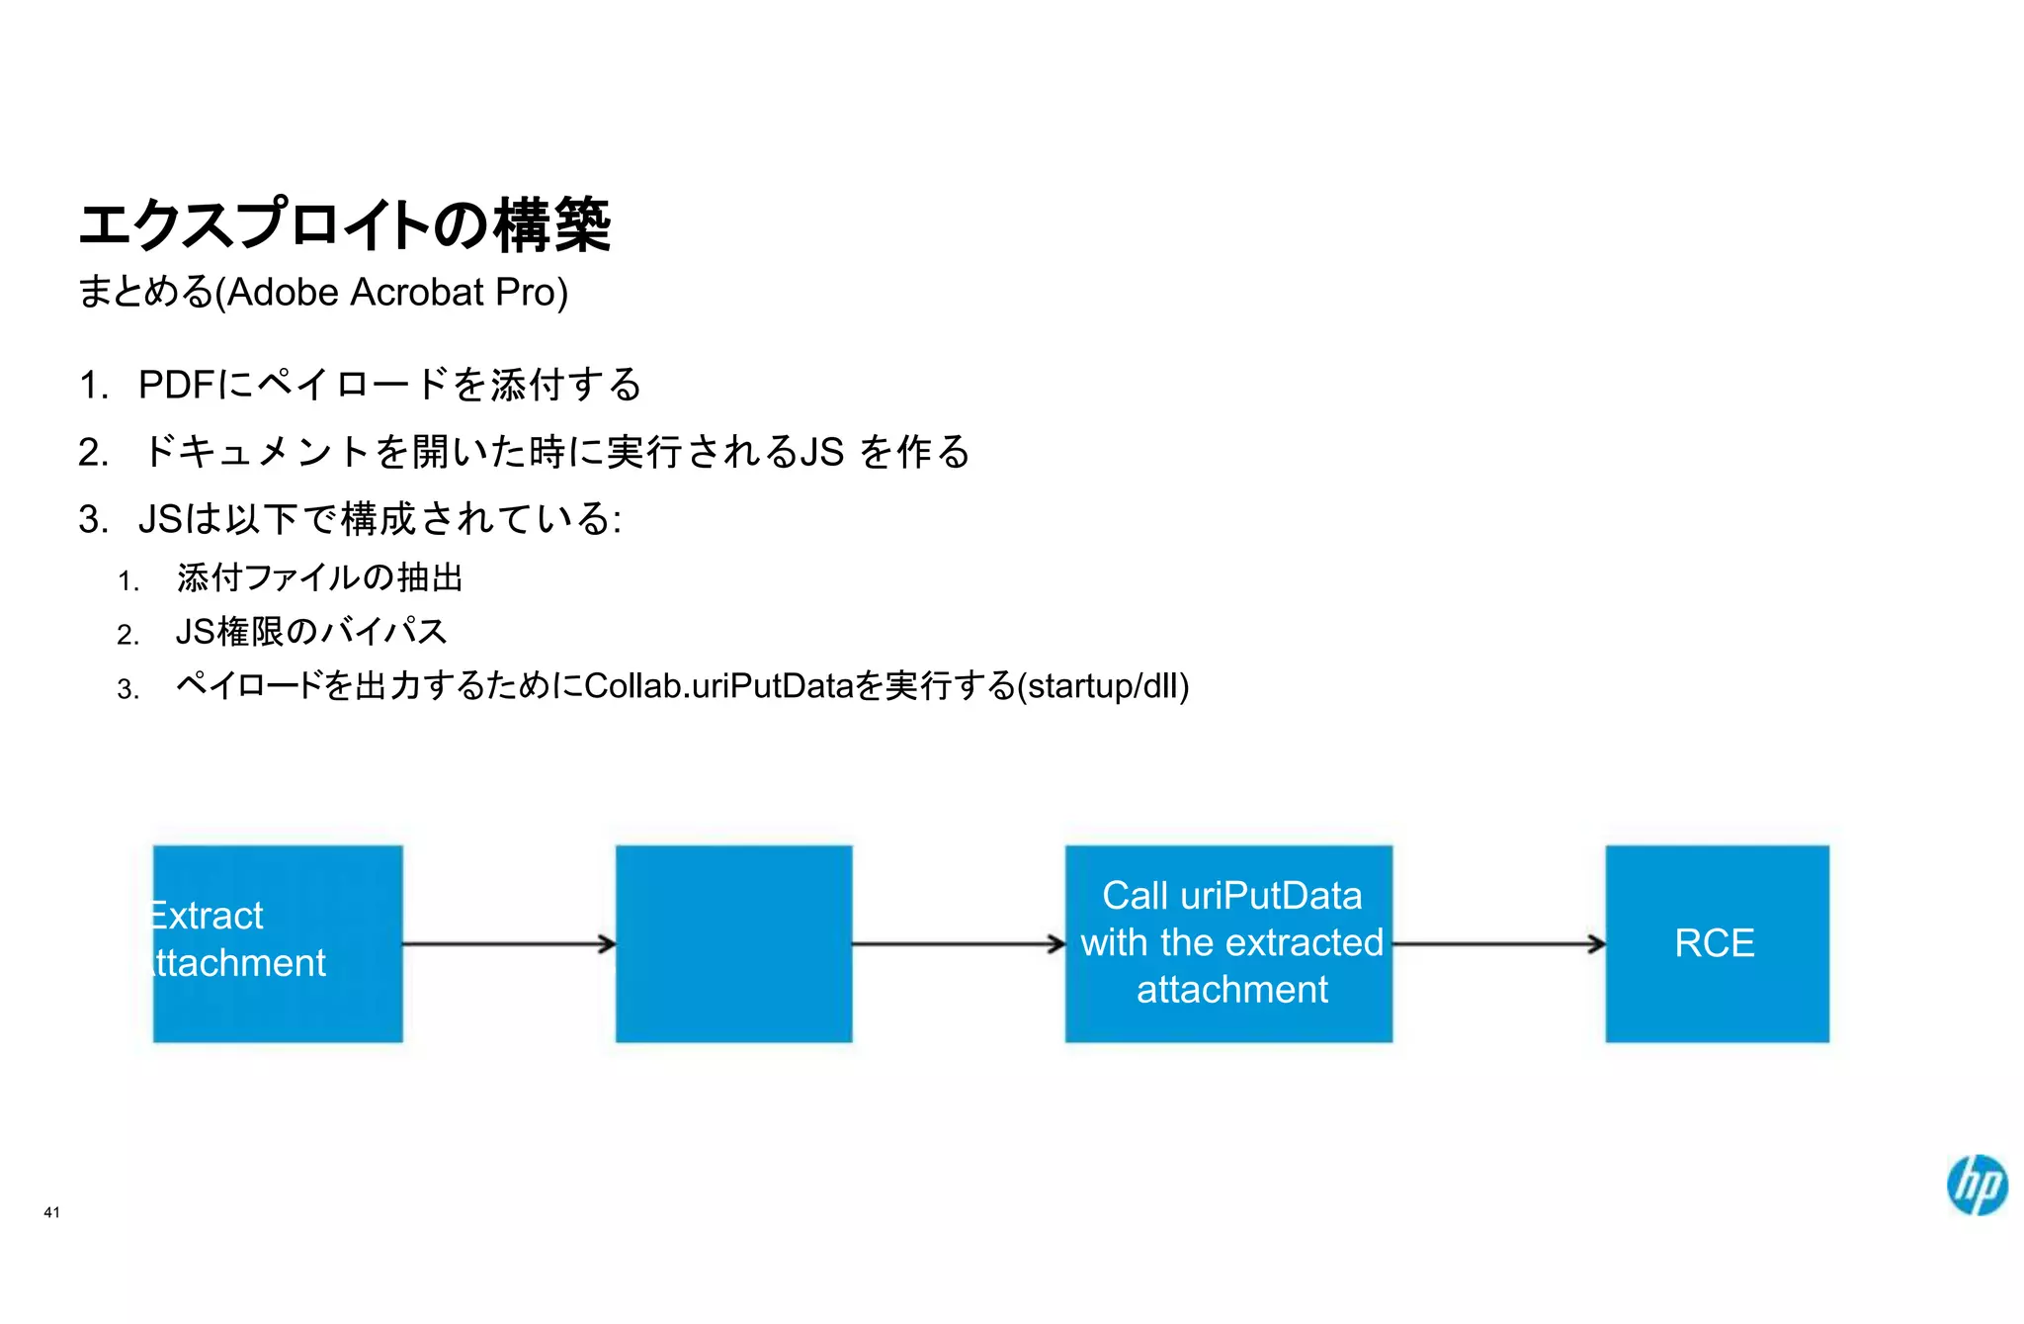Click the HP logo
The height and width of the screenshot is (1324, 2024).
tap(1977, 1184)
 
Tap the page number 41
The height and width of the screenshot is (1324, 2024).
tap(52, 1212)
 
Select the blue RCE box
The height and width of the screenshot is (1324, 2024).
tap(1717, 943)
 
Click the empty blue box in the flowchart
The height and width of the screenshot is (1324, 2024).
tap(733, 943)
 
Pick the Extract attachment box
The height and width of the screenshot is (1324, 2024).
tap(278, 943)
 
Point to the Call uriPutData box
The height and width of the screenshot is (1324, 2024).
tap(1228, 943)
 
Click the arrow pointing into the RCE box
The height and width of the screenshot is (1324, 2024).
tap(1498, 944)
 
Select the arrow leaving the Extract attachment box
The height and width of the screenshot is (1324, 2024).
tap(508, 944)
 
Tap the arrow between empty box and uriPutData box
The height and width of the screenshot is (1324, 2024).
tap(958, 944)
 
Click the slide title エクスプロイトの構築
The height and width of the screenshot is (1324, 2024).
tap(345, 224)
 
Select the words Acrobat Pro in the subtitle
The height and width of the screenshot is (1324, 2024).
tap(459, 293)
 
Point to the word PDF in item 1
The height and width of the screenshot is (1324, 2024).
tap(177, 385)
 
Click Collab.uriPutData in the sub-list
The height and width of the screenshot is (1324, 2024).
tap(717, 685)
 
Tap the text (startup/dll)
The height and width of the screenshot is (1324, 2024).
tap(1103, 685)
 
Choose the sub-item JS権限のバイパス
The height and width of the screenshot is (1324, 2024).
tap(311, 632)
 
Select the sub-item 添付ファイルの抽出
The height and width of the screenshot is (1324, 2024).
tap(319, 577)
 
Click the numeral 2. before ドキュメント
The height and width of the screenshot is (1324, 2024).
tap(93, 453)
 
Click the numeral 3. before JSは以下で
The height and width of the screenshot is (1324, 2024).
tap(93, 520)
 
